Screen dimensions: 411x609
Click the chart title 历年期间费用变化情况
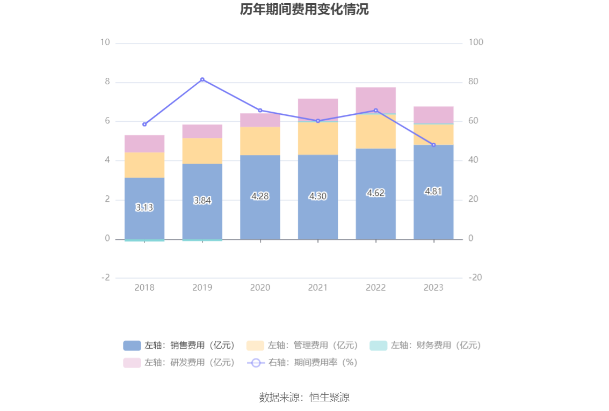click(304, 10)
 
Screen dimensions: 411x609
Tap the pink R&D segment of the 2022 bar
click(375, 100)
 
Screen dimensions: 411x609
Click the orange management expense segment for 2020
click(260, 141)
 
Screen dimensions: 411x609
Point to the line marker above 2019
click(202, 79)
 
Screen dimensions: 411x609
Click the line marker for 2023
click(433, 145)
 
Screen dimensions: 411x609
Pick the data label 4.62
click(375, 193)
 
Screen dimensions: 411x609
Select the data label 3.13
click(144, 207)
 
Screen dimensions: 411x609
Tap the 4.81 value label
click(433, 192)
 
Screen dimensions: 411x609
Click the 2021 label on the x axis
click(318, 288)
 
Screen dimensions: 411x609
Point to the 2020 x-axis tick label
click(260, 288)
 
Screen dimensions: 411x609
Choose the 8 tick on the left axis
click(107, 82)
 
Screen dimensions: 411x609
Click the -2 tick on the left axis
click(106, 278)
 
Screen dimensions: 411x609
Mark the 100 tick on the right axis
click(476, 42)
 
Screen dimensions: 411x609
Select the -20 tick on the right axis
click(475, 278)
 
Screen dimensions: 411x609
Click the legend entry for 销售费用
click(179, 346)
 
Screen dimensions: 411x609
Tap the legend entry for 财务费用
click(425, 346)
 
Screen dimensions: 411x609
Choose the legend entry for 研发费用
click(179, 363)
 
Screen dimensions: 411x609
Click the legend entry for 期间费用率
click(302, 363)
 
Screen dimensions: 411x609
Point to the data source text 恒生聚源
click(304, 398)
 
